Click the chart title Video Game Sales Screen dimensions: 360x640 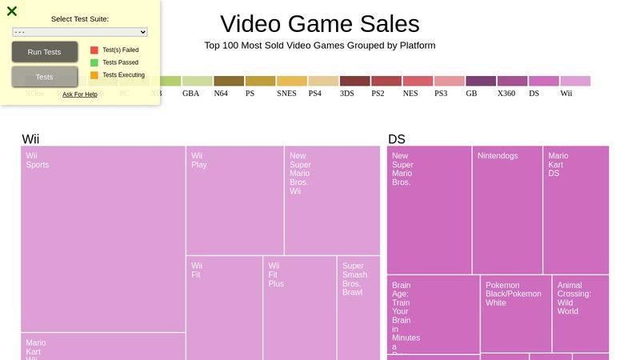point(319,24)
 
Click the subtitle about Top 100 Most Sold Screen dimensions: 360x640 point(319,46)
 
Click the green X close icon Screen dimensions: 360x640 point(12,11)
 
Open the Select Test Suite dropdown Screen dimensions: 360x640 point(80,32)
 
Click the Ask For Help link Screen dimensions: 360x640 point(80,94)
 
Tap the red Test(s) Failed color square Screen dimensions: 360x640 point(94,50)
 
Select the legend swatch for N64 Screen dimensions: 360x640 point(229,81)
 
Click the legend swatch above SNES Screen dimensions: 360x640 point(292,81)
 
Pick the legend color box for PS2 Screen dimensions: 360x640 point(386,81)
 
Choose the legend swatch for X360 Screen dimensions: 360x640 point(512,81)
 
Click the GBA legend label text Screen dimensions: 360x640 point(191,94)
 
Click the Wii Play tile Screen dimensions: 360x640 point(234,200)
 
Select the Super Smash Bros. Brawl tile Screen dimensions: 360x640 point(358,308)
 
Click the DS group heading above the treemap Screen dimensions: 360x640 point(397,139)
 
